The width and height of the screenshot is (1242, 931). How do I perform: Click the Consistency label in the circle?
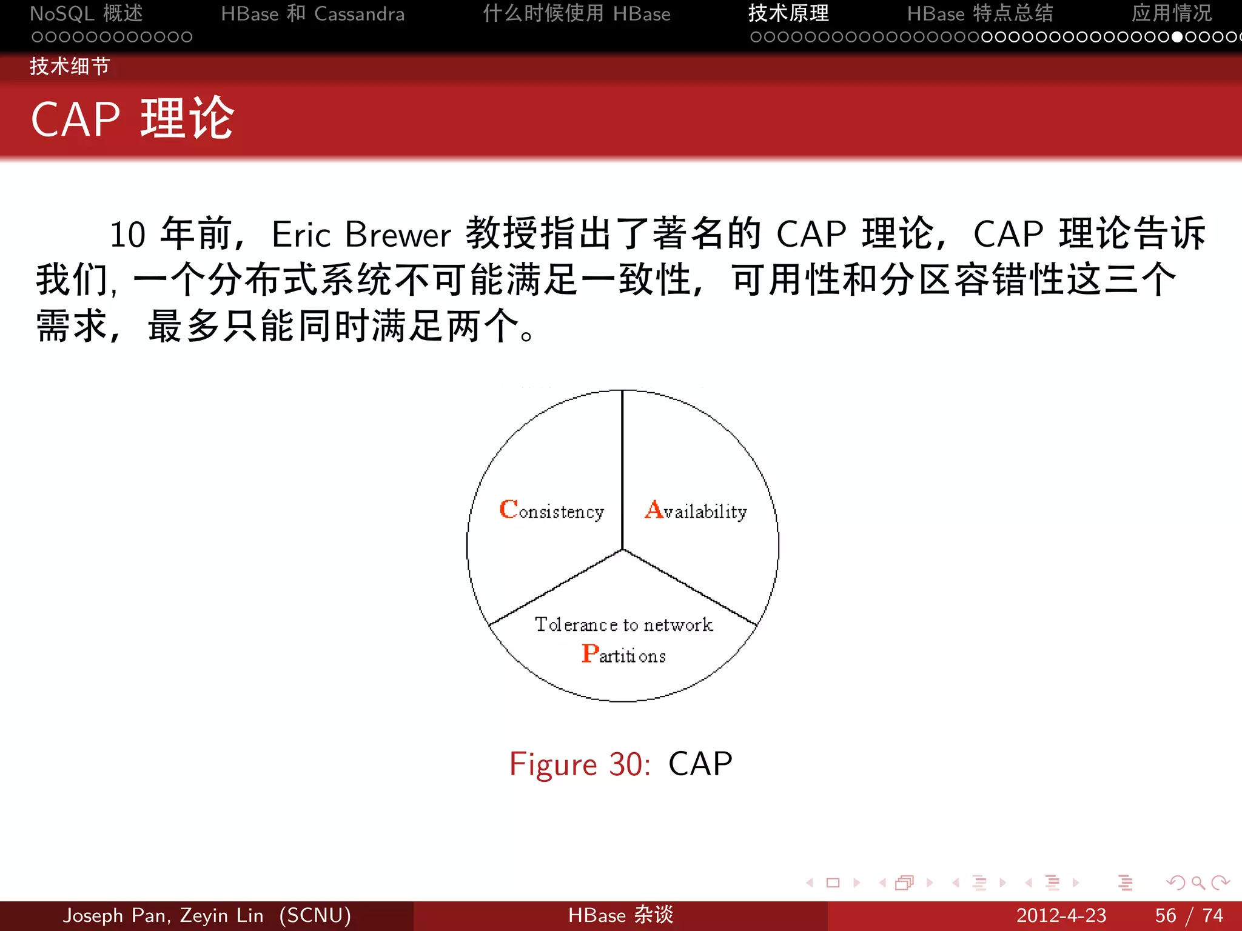point(551,510)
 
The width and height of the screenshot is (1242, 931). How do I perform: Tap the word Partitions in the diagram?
point(623,655)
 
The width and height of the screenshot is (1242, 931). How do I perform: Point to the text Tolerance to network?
point(623,624)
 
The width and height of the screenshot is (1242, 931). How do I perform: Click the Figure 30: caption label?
point(580,764)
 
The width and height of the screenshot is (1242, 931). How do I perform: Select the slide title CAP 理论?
point(132,119)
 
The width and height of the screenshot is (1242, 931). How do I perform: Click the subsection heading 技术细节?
point(70,66)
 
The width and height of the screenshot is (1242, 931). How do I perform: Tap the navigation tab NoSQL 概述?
point(86,13)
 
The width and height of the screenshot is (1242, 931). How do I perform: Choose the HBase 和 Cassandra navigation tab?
point(312,13)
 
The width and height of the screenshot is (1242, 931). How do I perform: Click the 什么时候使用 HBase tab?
point(576,13)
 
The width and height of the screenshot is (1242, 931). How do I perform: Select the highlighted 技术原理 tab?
point(788,13)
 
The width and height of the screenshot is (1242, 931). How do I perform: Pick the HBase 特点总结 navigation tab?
point(979,13)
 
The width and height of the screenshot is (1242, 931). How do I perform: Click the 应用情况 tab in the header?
point(1171,13)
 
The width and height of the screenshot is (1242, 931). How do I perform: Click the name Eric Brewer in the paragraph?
point(361,235)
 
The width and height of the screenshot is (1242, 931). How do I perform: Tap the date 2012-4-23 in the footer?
point(1061,915)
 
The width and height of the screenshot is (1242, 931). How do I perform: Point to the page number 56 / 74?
point(1189,915)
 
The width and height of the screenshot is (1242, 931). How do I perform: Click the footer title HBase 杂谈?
point(620,915)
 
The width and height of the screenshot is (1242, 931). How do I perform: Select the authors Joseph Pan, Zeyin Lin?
point(164,915)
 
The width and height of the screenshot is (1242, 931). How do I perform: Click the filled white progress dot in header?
point(1177,37)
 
